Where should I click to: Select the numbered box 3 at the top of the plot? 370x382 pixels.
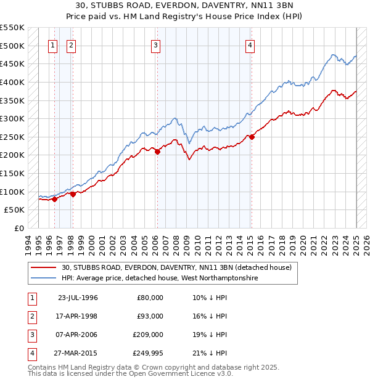(x=155, y=44)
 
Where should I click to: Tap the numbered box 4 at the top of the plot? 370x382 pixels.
(x=250, y=44)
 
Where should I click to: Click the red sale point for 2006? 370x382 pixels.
(x=157, y=152)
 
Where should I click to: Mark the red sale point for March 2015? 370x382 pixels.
(x=252, y=137)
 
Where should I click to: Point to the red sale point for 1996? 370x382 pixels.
(x=54, y=199)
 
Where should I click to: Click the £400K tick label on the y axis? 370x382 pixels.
(x=12, y=82)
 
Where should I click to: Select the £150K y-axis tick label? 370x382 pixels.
(x=12, y=173)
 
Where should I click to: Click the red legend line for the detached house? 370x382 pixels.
(x=44, y=267)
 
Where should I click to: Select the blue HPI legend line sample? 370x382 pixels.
(x=44, y=278)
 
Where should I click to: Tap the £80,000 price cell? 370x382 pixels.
(x=150, y=297)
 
